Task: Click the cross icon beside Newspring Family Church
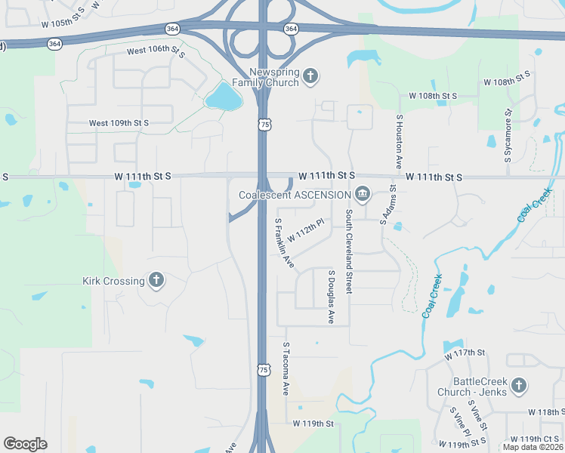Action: pyautogui.click(x=310, y=75)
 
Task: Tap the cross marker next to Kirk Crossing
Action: pyautogui.click(x=156, y=281)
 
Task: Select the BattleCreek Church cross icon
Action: pyautogui.click(x=518, y=386)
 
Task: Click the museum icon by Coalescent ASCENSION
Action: pyautogui.click(x=363, y=195)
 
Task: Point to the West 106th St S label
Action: pyautogui.click(x=156, y=51)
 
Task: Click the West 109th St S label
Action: pyautogui.click(x=119, y=122)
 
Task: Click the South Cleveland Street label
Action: pyautogui.click(x=349, y=251)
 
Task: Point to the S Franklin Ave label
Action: pyautogui.click(x=284, y=243)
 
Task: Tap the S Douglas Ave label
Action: pyautogui.click(x=331, y=296)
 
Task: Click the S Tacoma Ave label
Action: pyautogui.click(x=286, y=368)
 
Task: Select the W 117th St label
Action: pyautogui.click(x=464, y=353)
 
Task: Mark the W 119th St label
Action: pyautogui.click(x=313, y=424)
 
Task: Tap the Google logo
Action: pyautogui.click(x=25, y=444)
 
